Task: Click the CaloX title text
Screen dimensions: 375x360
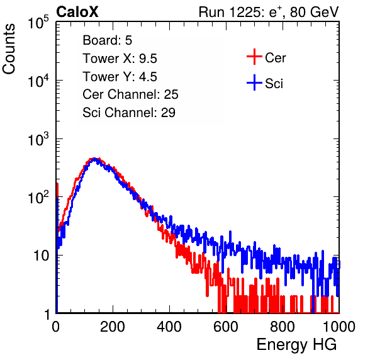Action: click(77, 12)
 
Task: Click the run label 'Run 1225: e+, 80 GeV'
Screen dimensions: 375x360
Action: click(269, 12)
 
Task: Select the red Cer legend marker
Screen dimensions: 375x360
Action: click(254, 57)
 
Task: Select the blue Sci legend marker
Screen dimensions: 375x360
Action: click(254, 83)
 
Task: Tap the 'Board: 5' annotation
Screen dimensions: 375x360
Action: click(108, 40)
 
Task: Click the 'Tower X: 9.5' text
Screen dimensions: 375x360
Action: click(120, 59)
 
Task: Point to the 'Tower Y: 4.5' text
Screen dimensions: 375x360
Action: click(120, 77)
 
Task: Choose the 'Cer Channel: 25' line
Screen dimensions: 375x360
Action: click(130, 94)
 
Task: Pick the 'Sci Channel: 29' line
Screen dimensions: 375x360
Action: click(129, 113)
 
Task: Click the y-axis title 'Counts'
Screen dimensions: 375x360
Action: click(9, 49)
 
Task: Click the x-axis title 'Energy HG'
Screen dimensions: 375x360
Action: click(296, 345)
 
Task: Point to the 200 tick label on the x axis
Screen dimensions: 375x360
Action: click(113, 327)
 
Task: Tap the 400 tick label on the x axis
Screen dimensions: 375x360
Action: click(169, 327)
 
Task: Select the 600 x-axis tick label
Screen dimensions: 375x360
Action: click(226, 327)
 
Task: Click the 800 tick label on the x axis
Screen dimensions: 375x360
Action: click(283, 327)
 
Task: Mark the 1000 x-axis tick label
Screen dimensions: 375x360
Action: click(339, 327)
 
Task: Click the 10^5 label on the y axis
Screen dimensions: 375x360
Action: click(38, 23)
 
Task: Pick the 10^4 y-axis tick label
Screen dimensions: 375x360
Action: click(38, 81)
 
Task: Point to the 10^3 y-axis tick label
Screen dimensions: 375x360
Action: click(38, 139)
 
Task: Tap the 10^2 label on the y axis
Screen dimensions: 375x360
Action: click(38, 198)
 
